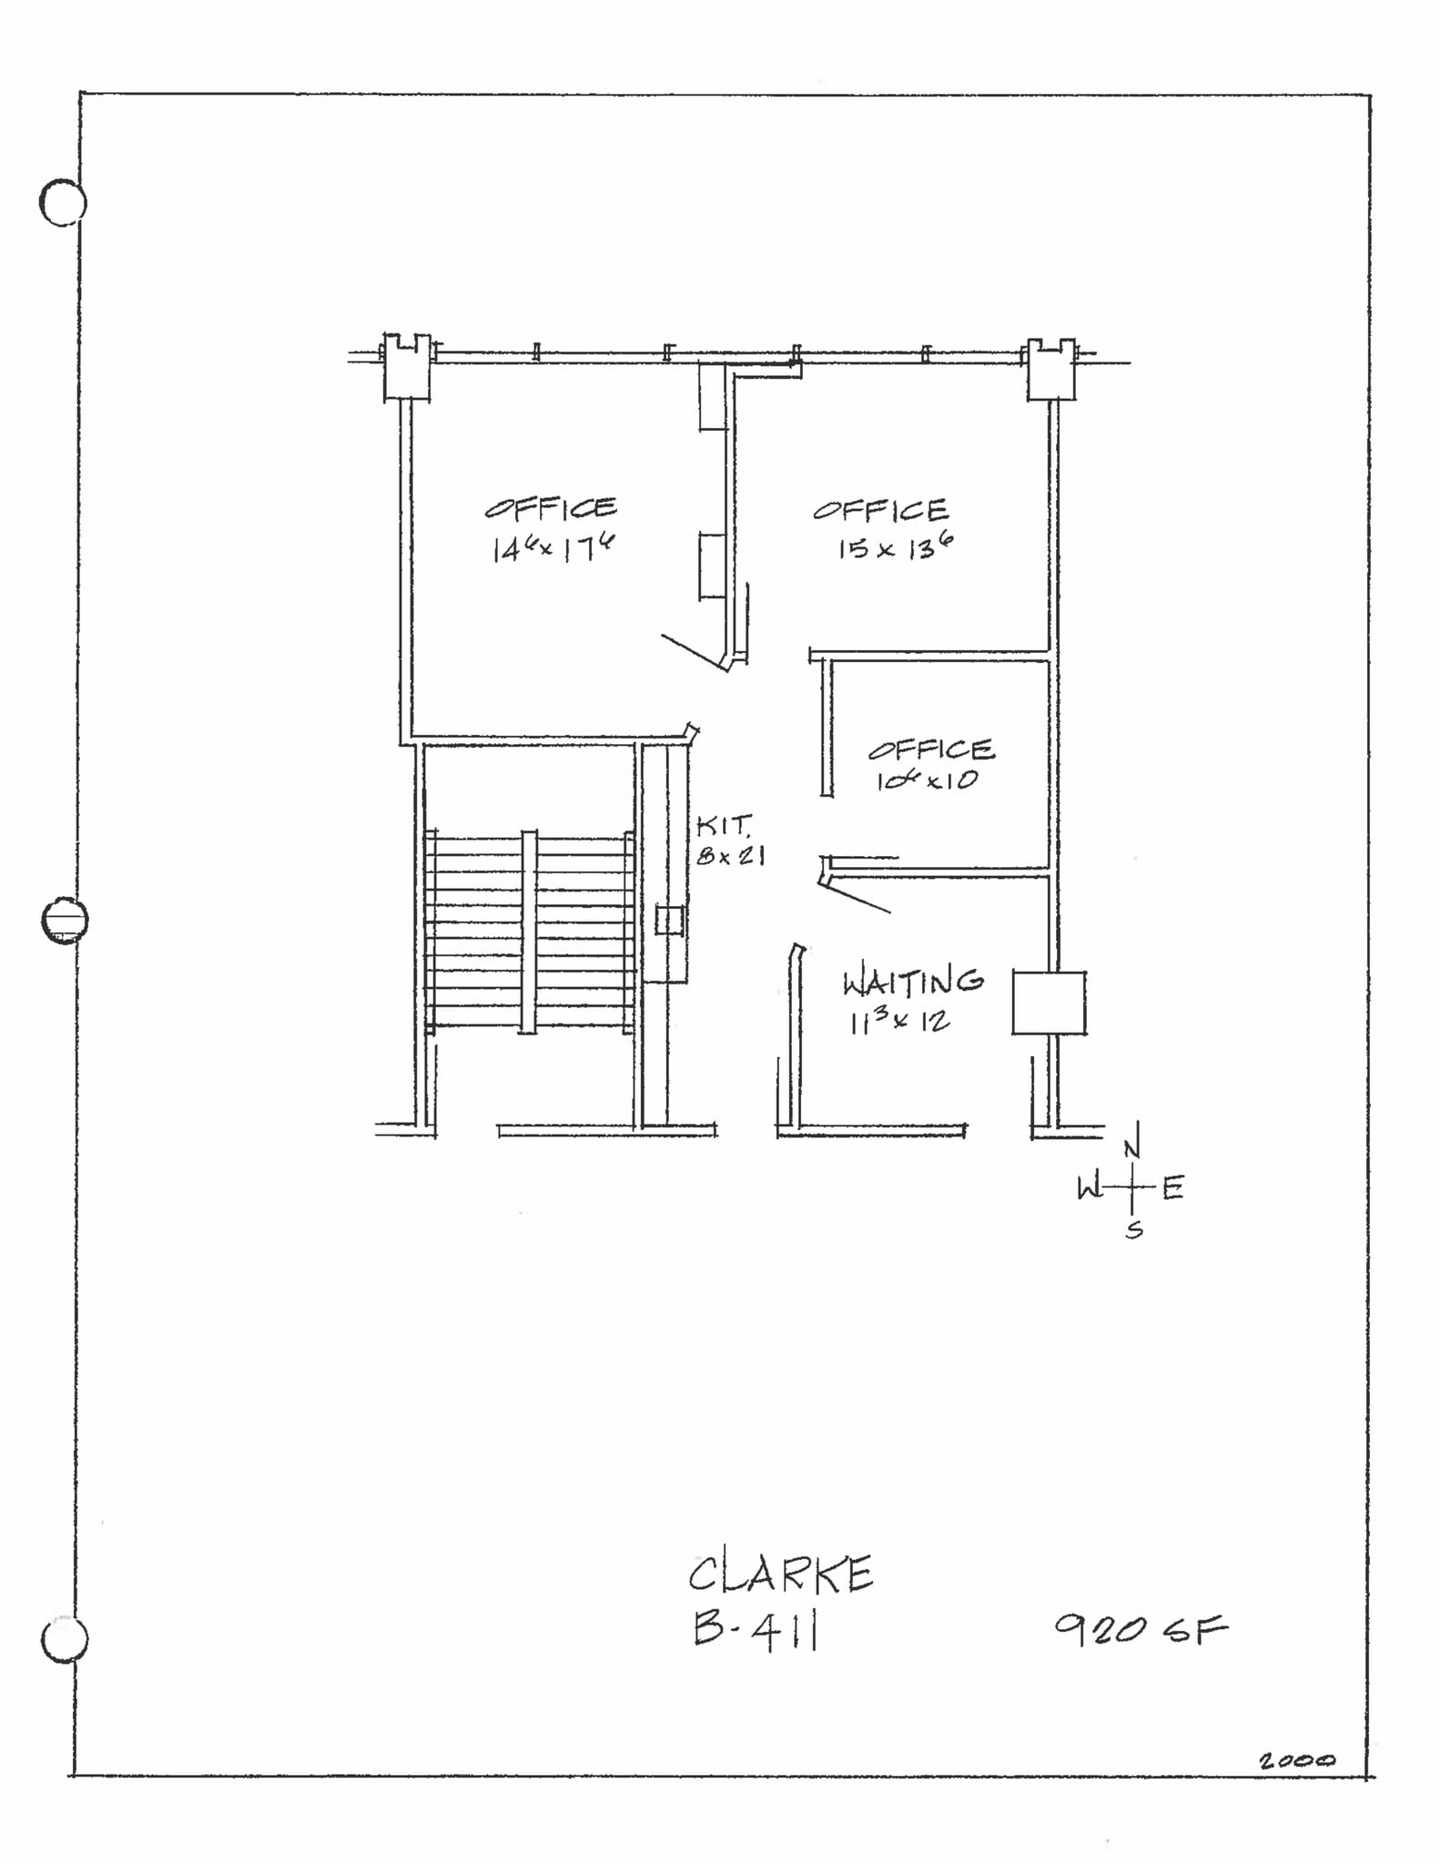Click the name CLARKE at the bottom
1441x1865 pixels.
tap(780, 1575)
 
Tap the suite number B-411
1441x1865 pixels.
tap(755, 1631)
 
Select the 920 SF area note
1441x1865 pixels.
tap(1141, 1628)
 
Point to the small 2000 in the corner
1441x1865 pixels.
tap(1296, 1761)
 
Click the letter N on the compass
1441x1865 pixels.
tap(1131, 1149)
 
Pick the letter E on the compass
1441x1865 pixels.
tap(1172, 1187)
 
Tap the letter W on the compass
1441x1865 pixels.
tap(1089, 1187)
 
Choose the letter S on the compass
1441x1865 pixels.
tap(1133, 1231)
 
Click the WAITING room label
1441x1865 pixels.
tap(912, 982)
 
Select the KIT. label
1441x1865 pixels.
tap(724, 826)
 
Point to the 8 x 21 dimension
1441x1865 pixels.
tap(730, 856)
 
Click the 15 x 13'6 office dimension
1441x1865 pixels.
tap(895, 548)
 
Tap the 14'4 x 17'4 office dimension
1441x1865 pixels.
tap(553, 548)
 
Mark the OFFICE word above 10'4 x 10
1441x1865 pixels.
tap(930, 749)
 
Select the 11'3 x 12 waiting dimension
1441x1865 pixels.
tap(899, 1022)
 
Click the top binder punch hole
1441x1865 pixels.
tap(63, 202)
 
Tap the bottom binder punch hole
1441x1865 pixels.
tap(65, 1639)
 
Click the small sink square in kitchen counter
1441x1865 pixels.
tap(669, 920)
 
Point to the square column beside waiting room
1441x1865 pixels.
tap(1049, 1003)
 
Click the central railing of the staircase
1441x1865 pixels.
tap(528, 931)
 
